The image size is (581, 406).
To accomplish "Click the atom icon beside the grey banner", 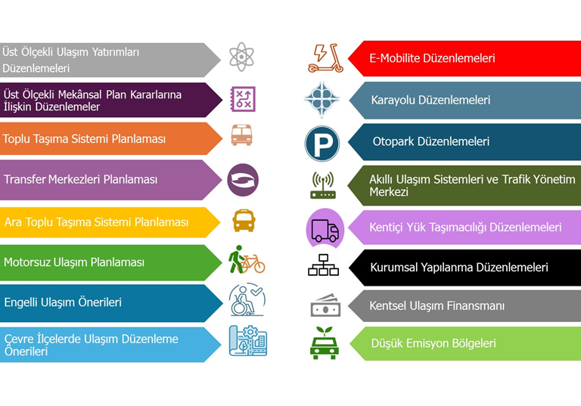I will pyautogui.click(x=242, y=57).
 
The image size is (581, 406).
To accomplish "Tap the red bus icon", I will pyautogui.click(x=242, y=136).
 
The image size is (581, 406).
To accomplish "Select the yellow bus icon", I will pyautogui.click(x=244, y=221).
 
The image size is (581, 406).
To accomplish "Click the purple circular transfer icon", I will pyautogui.click(x=243, y=179).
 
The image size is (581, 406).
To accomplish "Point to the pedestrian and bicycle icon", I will pyautogui.click(x=247, y=261).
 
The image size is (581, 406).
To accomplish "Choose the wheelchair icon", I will pyautogui.click(x=247, y=301).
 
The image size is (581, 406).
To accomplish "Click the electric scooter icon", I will pyautogui.click(x=325, y=58).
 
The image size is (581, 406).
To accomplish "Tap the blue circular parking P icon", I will pyautogui.click(x=322, y=143).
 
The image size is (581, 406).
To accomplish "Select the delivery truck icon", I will pyautogui.click(x=325, y=228).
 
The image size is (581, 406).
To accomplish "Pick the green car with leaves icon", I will pyautogui.click(x=324, y=342).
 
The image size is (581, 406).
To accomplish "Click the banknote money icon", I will pyautogui.click(x=325, y=306).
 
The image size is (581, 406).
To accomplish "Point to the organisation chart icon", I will pyautogui.click(x=324, y=266).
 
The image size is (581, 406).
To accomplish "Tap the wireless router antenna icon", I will pyautogui.click(x=323, y=185).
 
